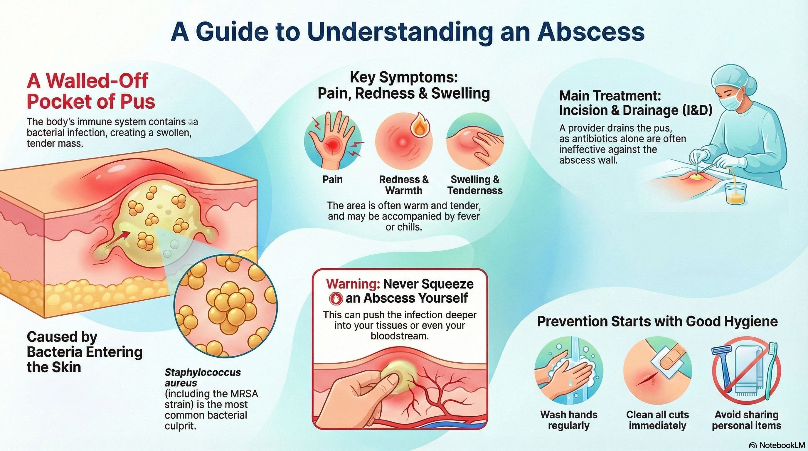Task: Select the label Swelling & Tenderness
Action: pos(475,185)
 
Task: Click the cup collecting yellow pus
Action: pos(735,193)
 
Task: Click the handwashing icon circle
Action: pos(568,370)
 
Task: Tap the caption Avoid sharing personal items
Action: pos(747,420)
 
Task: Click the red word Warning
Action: pos(353,284)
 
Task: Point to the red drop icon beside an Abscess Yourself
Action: pos(336,299)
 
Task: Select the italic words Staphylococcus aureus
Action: pos(203,377)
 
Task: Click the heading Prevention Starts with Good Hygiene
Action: pos(657,321)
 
